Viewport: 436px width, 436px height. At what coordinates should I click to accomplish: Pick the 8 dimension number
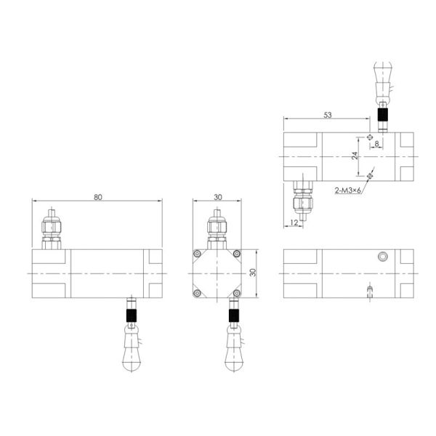[x=376, y=144]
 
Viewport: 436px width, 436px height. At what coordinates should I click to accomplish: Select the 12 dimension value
[x=294, y=221]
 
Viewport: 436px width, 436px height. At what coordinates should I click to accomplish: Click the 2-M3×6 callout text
[x=350, y=190]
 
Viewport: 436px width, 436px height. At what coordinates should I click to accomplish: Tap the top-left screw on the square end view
[x=196, y=253]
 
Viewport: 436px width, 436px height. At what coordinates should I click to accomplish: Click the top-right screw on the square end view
[x=236, y=253]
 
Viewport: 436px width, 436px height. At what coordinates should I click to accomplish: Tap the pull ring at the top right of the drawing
[x=383, y=77]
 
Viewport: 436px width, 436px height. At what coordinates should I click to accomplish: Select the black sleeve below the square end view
[x=233, y=315]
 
